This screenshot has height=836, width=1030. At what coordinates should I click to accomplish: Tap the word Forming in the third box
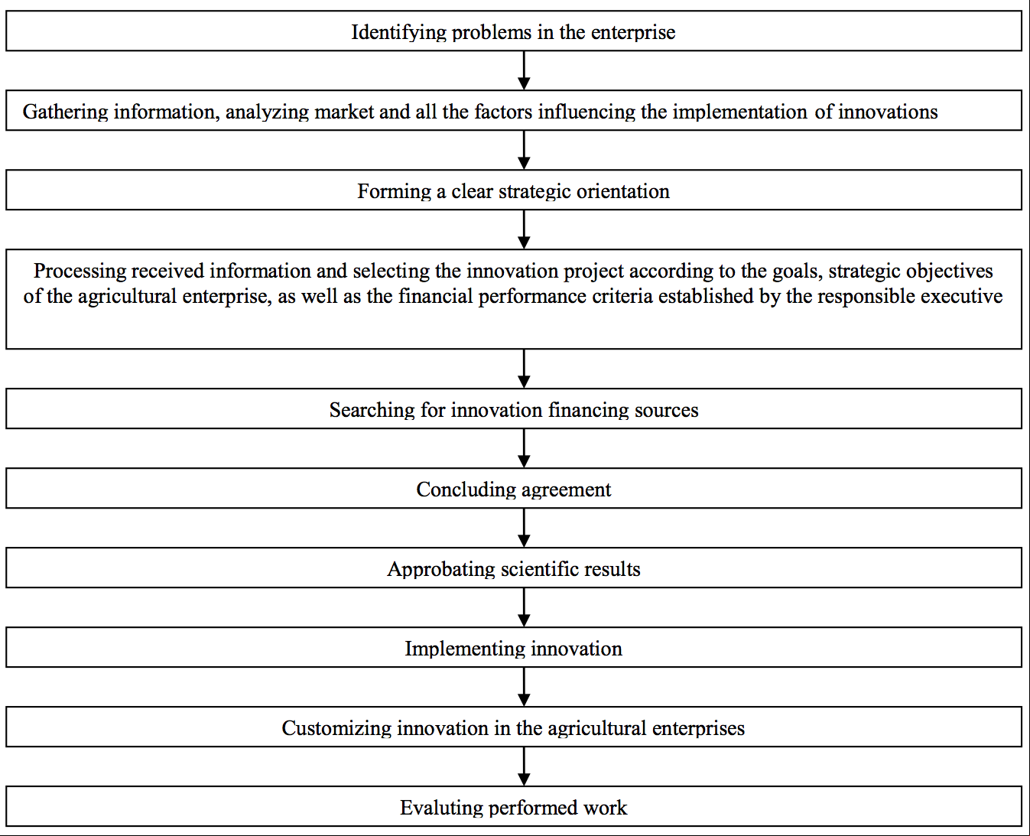pyautogui.click(x=394, y=192)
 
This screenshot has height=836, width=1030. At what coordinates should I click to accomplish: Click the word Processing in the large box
pyautogui.click(x=80, y=272)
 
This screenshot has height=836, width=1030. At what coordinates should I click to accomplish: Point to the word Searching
pyautogui.click(x=372, y=411)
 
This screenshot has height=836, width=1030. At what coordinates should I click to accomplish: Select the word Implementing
pyautogui.click(x=465, y=649)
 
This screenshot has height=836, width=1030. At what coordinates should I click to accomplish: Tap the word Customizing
pyautogui.click(x=336, y=729)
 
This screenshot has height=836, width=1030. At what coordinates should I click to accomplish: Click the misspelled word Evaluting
pyautogui.click(x=441, y=808)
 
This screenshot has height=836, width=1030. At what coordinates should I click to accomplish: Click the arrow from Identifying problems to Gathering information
pyautogui.click(x=524, y=70)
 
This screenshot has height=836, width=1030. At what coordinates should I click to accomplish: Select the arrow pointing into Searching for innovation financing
pyautogui.click(x=524, y=369)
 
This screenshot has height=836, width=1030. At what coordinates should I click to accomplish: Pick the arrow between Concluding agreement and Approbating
pyautogui.click(x=524, y=528)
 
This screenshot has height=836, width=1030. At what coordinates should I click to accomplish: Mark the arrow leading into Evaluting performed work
pyautogui.click(x=524, y=767)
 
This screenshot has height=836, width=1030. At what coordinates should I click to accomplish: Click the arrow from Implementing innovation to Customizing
pyautogui.click(x=524, y=687)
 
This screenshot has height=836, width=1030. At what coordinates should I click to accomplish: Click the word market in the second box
pyautogui.click(x=344, y=112)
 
